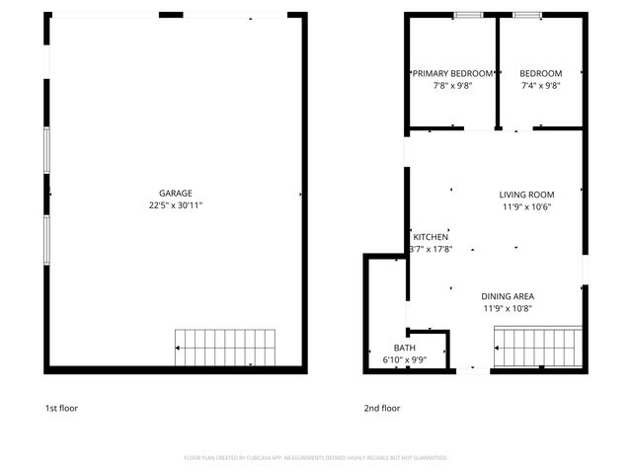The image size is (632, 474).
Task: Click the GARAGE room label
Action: [x=176, y=194]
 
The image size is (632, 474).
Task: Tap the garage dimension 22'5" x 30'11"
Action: [x=176, y=205]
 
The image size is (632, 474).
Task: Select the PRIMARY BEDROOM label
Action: [x=453, y=74]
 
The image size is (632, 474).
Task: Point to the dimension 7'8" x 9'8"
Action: [x=453, y=86]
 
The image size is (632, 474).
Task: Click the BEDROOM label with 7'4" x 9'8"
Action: [x=540, y=74]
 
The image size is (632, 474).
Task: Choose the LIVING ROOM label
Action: [x=526, y=195]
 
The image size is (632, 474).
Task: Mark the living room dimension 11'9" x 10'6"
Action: [x=526, y=206]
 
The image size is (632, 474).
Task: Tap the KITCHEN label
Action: [x=431, y=237]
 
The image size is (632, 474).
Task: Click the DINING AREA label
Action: [x=508, y=296]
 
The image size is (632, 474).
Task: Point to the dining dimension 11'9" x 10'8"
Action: [x=508, y=308]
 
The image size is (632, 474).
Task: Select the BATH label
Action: [x=405, y=348]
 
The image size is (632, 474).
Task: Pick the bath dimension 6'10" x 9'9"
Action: [x=405, y=359]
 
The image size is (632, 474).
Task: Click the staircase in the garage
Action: [x=215, y=348]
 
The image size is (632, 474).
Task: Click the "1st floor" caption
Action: [x=60, y=408]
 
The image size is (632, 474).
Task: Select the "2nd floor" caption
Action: [x=382, y=408]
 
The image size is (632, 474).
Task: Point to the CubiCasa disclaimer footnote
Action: [x=316, y=458]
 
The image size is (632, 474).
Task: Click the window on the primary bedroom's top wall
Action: [x=467, y=15]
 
